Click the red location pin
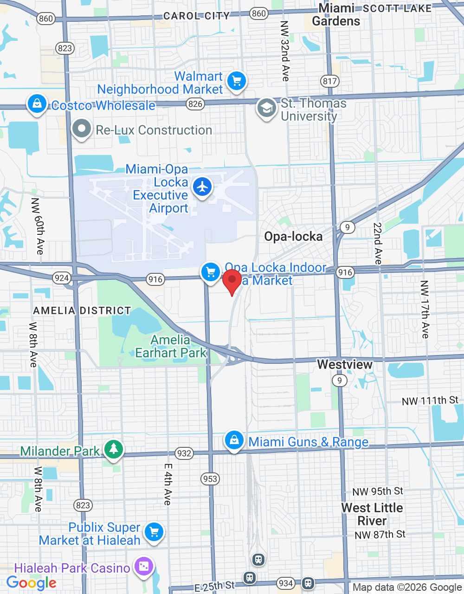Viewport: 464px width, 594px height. tap(232, 280)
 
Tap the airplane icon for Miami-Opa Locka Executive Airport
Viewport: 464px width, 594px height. tap(202, 187)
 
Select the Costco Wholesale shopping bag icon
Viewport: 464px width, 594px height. tap(37, 103)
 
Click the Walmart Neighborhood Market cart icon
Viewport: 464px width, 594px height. tap(237, 81)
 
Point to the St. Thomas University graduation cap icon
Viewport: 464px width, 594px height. tap(267, 109)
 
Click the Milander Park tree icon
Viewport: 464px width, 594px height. tap(113, 449)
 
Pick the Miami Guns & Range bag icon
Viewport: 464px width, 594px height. tap(234, 440)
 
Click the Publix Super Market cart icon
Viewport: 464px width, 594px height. tap(154, 532)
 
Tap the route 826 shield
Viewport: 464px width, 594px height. tap(195, 104)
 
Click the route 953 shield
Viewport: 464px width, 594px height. tap(210, 478)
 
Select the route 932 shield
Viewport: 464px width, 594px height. tap(184, 453)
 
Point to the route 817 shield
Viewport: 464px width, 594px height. tap(329, 81)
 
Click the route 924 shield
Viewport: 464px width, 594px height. tap(61, 278)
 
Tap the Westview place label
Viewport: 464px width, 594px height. tap(345, 364)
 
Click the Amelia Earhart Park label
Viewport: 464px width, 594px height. tap(171, 347)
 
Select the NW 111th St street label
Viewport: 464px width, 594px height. tap(430, 401)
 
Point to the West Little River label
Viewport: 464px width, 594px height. tap(372, 514)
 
